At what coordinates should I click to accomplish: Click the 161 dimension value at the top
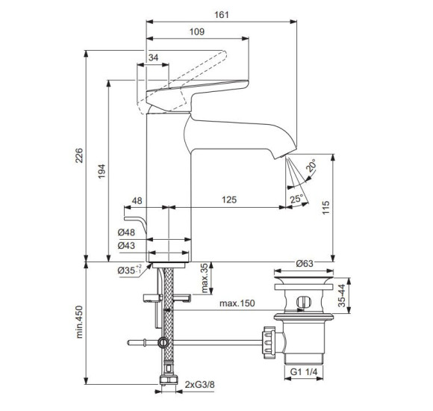pos(222,15)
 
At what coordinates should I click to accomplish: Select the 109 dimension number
pos(197,32)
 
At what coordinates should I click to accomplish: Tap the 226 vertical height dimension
pos(79,155)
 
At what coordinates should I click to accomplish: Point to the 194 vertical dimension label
pos(102,171)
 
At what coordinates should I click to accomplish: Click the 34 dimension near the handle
pos(153,58)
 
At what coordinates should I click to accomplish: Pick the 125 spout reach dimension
pos(229,200)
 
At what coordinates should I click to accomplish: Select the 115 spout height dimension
pos(325,207)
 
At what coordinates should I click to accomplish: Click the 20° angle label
pos(311,165)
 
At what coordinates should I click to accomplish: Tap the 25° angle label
pos(296,199)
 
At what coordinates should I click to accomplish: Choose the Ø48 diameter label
pos(126,232)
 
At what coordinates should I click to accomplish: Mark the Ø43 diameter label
pos(126,245)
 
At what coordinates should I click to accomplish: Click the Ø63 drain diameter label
pos(305,263)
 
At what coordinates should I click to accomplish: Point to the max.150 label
pos(237,303)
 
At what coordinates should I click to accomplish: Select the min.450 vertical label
pos(79,322)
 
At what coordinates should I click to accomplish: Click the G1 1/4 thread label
pos(304,371)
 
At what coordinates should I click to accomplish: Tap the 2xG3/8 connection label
pos(199,384)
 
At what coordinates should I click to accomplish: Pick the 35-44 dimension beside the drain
pos(342,295)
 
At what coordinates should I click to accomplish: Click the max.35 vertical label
pos(205,278)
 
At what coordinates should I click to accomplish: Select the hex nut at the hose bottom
pos(168,380)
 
